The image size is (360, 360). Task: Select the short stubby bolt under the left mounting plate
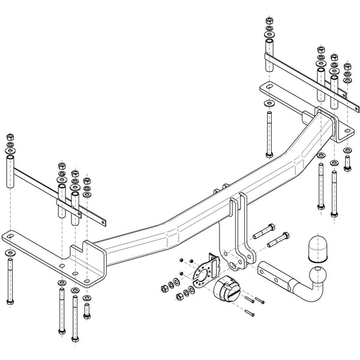click(87, 311)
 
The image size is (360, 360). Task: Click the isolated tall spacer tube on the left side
click(10, 170)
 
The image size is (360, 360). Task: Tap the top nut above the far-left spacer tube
click(10, 136)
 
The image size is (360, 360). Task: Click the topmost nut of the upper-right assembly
click(268, 22)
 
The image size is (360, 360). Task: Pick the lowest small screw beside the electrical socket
click(250, 313)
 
